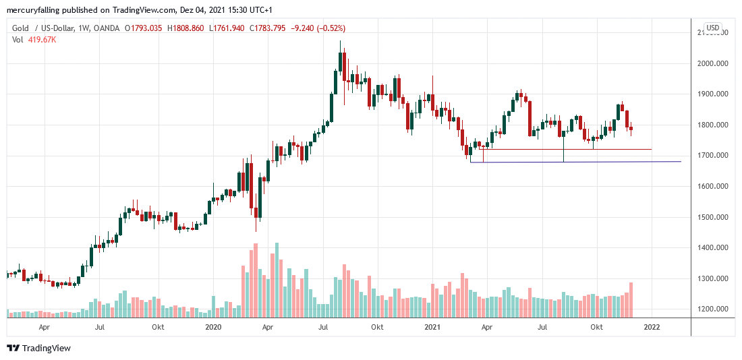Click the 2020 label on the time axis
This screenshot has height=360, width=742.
coord(213,327)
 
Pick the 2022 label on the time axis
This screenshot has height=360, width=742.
coord(652,327)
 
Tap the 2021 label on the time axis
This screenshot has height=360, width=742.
coord(432,327)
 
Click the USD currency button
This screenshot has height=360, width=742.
coord(713,28)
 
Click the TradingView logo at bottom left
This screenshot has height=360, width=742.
coord(38,348)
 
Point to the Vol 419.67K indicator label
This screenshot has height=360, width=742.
coord(34,39)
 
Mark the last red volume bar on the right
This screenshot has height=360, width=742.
coord(631,300)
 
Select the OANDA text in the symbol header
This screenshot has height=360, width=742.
coord(107,28)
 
